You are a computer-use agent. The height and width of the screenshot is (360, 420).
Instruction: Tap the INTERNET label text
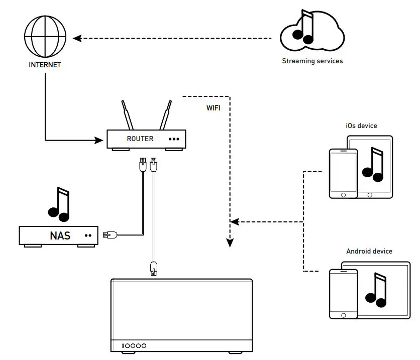point(45,65)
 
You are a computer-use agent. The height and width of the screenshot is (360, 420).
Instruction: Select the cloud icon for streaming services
point(312,33)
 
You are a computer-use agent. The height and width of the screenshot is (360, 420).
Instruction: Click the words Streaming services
point(312,61)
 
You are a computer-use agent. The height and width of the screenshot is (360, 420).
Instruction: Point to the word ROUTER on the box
point(140,139)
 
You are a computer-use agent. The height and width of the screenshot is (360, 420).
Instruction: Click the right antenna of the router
point(165,115)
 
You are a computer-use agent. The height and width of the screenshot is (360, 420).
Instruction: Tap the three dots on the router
point(174,139)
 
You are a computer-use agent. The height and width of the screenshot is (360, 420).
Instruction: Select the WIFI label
point(213,108)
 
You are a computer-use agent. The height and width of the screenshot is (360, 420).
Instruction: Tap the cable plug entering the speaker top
point(153,268)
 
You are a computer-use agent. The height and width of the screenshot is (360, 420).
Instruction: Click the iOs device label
point(361,126)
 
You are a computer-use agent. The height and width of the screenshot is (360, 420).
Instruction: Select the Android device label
point(369,251)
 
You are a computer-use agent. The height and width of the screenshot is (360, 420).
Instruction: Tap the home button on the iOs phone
point(343,194)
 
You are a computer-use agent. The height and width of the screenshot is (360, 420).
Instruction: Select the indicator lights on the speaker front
point(134,345)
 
